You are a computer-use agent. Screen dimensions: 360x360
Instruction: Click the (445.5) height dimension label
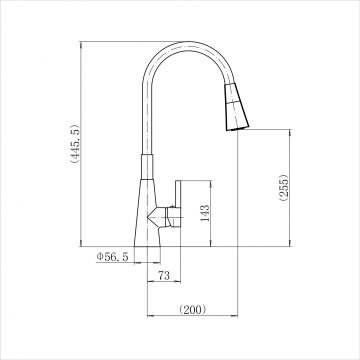click(74, 143)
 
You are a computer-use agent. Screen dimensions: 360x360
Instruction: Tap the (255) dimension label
click(283, 188)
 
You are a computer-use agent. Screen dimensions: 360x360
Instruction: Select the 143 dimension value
click(205, 213)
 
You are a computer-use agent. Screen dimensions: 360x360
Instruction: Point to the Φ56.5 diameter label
click(112, 257)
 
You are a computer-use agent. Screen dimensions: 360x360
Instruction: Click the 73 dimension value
click(164, 276)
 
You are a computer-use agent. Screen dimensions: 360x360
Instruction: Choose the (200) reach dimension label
click(193, 310)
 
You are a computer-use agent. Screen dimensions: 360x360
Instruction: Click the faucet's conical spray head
click(236, 106)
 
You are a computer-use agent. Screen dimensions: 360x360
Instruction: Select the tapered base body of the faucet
click(147, 213)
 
